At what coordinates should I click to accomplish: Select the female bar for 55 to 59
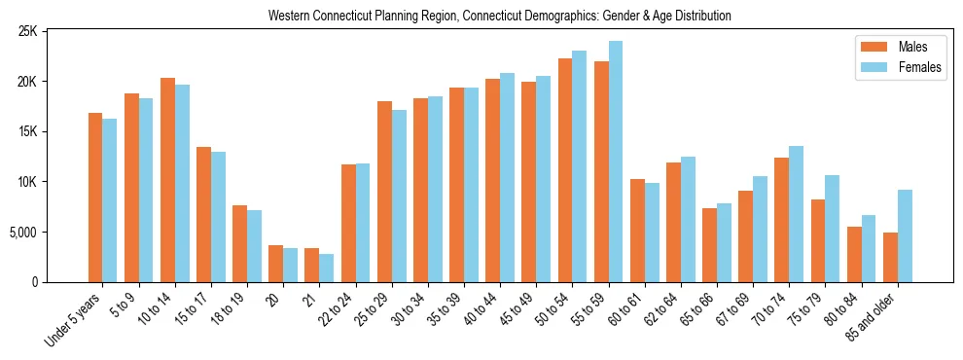pos(615,162)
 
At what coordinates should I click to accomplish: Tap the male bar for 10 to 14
pos(167,180)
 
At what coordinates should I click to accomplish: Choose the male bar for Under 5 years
pos(95,198)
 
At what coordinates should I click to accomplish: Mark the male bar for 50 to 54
pos(565,170)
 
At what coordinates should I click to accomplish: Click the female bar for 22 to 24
pos(363,223)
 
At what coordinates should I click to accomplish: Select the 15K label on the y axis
pos(53,131)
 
